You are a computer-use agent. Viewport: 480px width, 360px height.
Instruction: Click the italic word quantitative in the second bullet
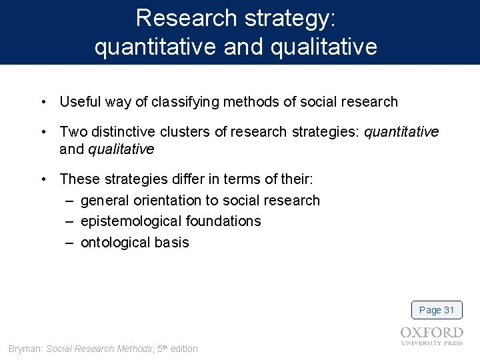401,132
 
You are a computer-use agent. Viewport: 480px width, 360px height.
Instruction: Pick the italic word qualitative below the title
121,149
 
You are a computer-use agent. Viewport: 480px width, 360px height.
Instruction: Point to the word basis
172,243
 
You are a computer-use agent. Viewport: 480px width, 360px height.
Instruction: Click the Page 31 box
437,310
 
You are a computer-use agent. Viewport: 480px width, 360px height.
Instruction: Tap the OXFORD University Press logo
431,336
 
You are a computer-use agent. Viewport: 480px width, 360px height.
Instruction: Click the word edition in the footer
184,349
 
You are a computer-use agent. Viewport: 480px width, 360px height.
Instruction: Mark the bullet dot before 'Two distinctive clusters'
43,132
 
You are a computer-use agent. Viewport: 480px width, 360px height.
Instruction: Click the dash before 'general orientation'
69,201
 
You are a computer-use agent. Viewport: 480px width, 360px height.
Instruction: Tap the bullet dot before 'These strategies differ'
43,179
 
